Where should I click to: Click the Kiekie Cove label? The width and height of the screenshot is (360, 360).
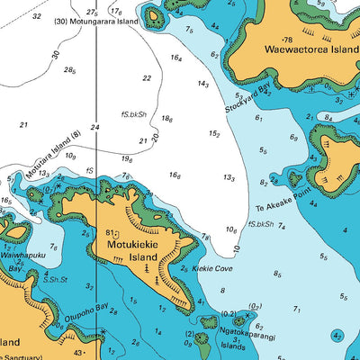click(x=212, y=268)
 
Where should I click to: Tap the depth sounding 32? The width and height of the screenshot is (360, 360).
click(x=36, y=16)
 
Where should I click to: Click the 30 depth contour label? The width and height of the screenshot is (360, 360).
click(x=56, y=55)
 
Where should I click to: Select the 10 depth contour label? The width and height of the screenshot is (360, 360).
click(x=236, y=247)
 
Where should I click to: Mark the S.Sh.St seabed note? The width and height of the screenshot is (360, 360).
click(x=55, y=280)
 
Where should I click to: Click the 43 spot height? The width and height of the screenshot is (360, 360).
click(x=78, y=353)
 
